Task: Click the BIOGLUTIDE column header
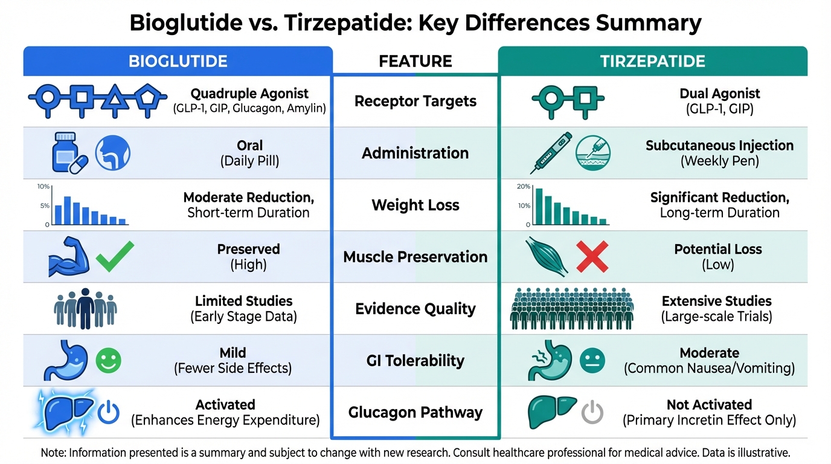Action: click(x=178, y=61)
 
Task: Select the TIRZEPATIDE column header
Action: click(x=653, y=61)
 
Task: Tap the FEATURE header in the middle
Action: click(x=415, y=61)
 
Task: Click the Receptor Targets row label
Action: click(x=415, y=101)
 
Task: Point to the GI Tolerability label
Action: click(x=415, y=361)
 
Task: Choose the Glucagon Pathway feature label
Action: click(x=415, y=413)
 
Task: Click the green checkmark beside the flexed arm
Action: click(x=115, y=256)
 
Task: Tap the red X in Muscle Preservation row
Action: click(x=592, y=257)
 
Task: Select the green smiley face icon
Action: click(x=108, y=361)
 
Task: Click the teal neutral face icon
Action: click(x=592, y=361)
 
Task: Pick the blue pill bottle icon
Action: click(x=65, y=152)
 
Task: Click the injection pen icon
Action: click(x=551, y=153)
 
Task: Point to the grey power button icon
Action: click(x=592, y=412)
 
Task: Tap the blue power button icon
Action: click(x=108, y=412)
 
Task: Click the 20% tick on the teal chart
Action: click(x=524, y=186)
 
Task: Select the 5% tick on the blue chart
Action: click(x=45, y=205)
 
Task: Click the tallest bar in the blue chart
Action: click(x=68, y=210)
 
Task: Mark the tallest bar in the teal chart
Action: click(x=539, y=207)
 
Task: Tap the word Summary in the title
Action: click(x=649, y=23)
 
